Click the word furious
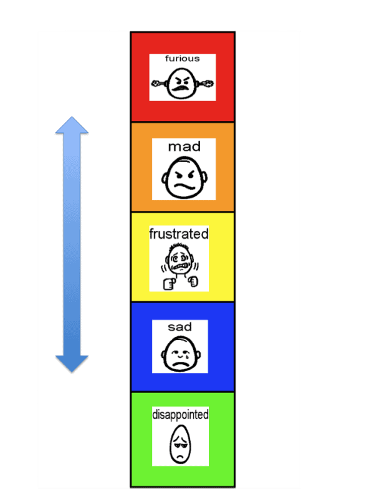point(182,59)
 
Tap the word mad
point(184,147)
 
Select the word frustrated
point(179,234)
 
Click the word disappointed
point(180,414)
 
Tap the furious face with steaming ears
point(182,82)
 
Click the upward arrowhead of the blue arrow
point(72,125)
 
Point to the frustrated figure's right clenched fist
point(193,283)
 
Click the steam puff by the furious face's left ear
point(157,83)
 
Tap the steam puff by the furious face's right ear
point(208,82)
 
